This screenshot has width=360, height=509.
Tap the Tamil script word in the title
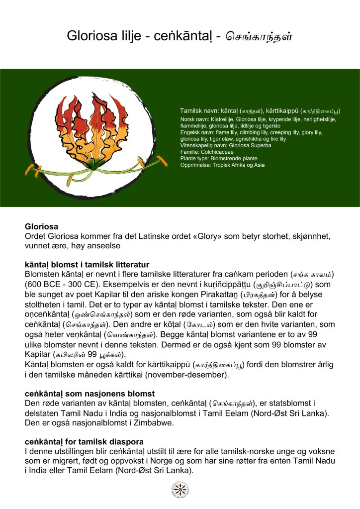tap(259, 36)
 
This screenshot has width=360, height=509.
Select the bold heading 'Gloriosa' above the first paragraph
tap(41, 226)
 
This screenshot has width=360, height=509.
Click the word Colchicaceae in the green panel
tap(219, 151)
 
